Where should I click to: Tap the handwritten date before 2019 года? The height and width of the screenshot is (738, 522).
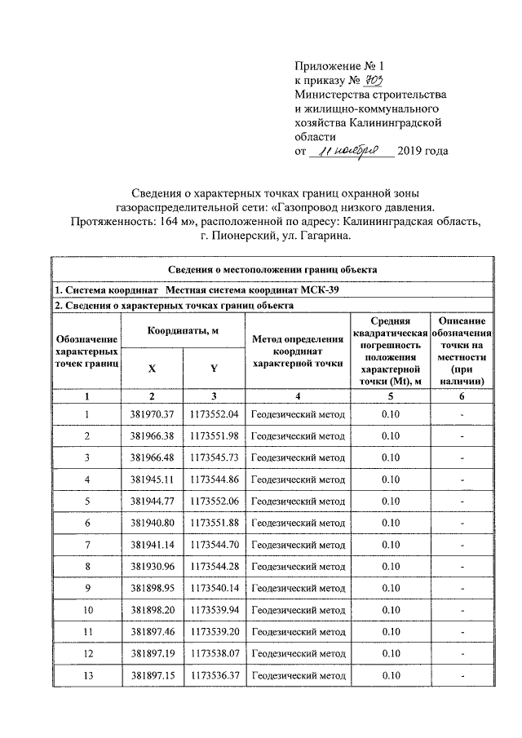pos(352,151)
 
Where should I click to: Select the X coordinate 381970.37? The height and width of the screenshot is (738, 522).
pos(153,415)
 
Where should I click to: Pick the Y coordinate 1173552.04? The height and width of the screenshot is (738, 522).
pos(214,415)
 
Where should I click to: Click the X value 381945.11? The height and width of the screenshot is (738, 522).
pos(153,479)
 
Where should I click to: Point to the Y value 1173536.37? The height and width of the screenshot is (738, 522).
pos(214,675)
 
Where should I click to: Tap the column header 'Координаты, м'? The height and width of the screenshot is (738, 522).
pos(183,329)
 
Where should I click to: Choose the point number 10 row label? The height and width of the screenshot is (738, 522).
pos(86,610)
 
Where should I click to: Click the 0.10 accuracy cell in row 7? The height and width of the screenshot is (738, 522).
pos(390,545)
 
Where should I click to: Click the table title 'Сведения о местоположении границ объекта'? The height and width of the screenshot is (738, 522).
pos(272,270)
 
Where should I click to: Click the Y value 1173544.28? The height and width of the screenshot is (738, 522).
pos(214,567)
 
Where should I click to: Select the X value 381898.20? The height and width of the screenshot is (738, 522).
pos(153,610)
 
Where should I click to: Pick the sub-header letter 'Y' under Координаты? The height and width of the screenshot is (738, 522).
pos(214,368)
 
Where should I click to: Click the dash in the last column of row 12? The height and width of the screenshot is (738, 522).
pos(462,654)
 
